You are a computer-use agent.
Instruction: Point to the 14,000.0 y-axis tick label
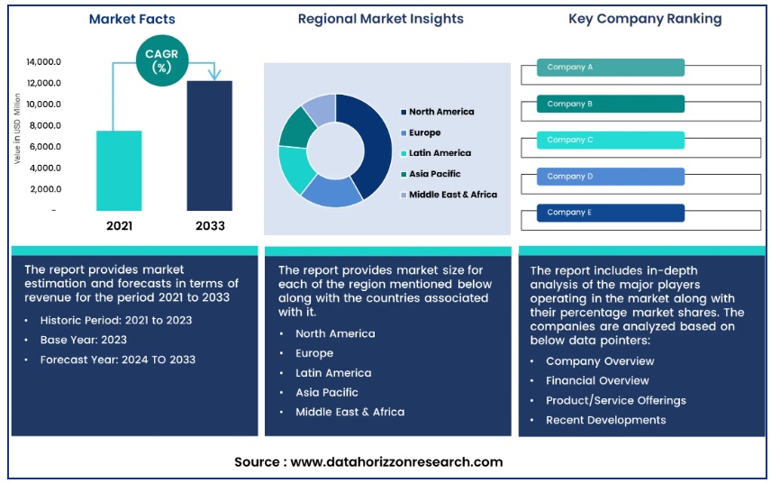tap(43, 62)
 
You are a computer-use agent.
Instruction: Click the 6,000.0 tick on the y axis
tap(43, 147)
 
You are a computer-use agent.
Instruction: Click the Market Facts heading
tap(132, 19)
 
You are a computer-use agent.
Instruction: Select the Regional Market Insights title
tap(381, 19)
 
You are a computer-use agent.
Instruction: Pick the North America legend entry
tap(440, 112)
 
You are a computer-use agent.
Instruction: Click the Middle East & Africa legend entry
tap(452, 194)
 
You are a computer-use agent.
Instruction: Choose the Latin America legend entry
tap(440, 153)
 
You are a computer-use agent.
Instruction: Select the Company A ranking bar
tap(611, 68)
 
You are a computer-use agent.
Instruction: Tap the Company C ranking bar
tap(611, 140)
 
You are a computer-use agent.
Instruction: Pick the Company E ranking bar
tap(611, 213)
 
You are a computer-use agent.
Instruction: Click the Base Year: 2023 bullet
tap(83, 340)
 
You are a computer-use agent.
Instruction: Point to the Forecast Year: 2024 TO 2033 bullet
tap(117, 360)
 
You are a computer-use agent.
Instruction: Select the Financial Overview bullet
tap(596, 380)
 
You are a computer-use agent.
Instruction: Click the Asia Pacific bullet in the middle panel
tap(327, 392)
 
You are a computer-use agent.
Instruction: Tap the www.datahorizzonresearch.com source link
tap(396, 461)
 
